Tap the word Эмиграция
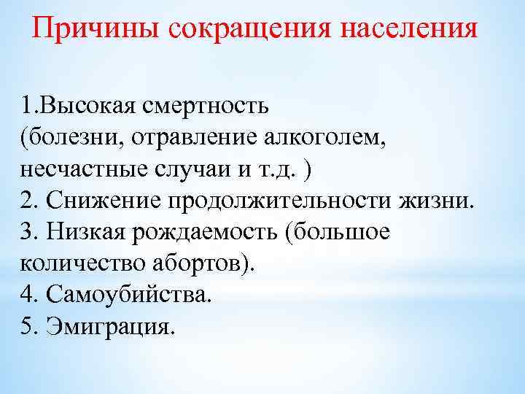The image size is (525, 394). coord(110,325)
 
